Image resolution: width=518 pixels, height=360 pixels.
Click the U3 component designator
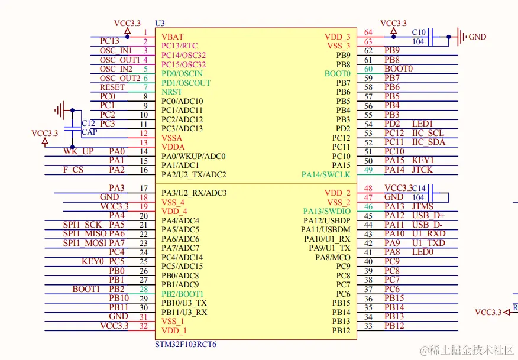click(x=160, y=23)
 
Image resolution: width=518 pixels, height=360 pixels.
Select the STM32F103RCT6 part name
click(x=185, y=344)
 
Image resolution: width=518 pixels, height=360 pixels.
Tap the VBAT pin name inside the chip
click(x=172, y=37)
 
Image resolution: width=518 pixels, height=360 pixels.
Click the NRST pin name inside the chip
click(x=172, y=92)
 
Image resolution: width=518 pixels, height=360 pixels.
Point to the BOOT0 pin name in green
click(x=337, y=73)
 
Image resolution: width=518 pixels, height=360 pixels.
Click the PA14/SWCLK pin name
click(x=326, y=174)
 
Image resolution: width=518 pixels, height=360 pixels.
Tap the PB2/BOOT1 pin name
click(x=182, y=294)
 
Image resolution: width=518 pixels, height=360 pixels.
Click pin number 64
click(x=368, y=32)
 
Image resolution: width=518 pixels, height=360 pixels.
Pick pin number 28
click(x=143, y=289)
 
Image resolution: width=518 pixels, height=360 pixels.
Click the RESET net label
click(x=112, y=87)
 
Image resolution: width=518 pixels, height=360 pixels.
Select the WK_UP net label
click(x=79, y=151)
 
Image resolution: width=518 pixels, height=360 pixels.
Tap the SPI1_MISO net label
click(x=85, y=233)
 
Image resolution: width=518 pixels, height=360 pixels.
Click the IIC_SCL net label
click(x=428, y=133)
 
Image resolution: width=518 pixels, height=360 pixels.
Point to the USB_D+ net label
click(x=428, y=216)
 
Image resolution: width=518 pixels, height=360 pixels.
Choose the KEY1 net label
click(x=423, y=160)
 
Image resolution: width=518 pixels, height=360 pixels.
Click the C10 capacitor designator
click(x=419, y=32)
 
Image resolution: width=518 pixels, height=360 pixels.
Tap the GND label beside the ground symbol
click(x=477, y=37)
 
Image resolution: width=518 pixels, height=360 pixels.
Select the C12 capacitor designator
click(x=88, y=123)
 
